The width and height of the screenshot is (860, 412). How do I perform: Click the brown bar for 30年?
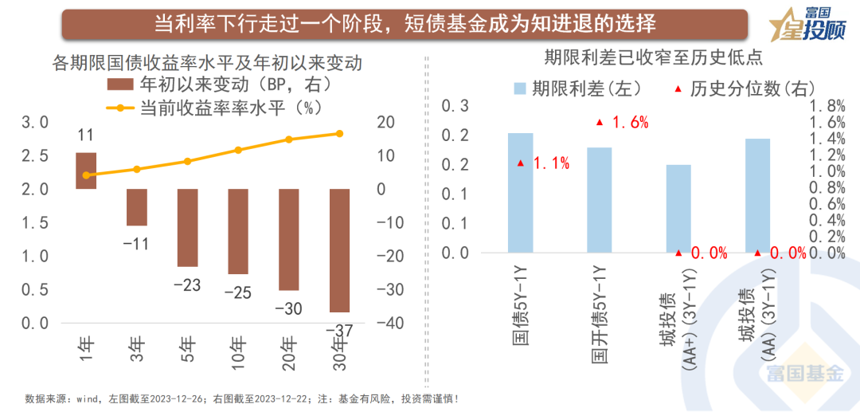[339, 250]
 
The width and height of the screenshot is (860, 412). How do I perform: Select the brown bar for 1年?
[86, 171]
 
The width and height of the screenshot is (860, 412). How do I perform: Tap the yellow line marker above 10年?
[237, 150]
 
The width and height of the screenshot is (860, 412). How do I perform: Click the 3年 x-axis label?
[136, 347]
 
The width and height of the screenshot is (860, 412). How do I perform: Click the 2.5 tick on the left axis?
[33, 155]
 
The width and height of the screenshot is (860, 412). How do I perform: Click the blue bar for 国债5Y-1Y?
[521, 193]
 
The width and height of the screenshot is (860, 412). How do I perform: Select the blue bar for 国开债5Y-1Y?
[600, 200]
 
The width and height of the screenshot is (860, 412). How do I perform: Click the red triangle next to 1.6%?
[600, 122]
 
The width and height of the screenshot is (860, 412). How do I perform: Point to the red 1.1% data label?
[550, 163]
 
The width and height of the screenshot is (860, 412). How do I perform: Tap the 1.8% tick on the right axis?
[829, 106]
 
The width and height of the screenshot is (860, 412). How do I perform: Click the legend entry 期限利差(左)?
[577, 88]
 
